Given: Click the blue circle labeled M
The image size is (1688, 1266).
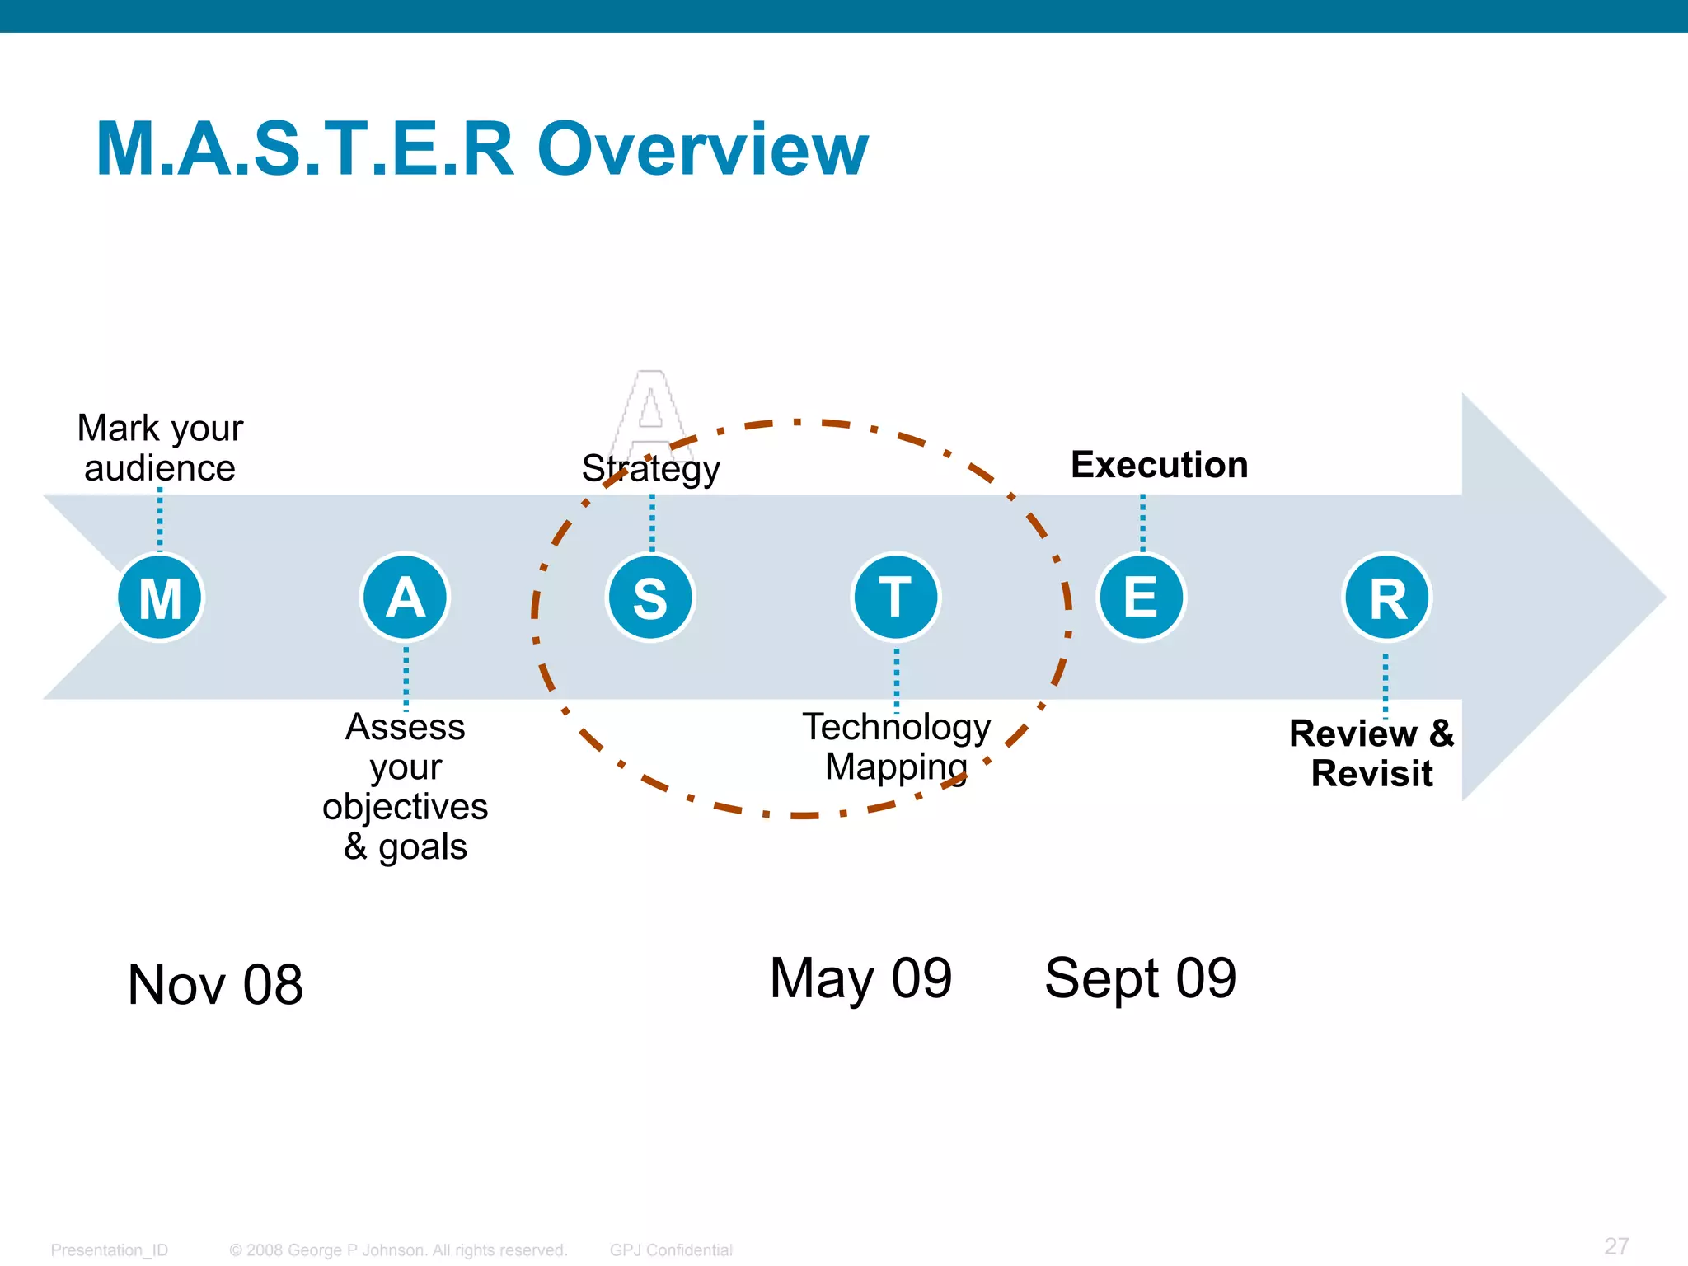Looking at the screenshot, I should coord(160,598).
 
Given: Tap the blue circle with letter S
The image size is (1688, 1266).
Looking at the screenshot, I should coord(650,598).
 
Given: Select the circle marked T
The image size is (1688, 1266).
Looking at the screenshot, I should coord(895,597).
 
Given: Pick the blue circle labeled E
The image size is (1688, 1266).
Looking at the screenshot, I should coord(1141,597).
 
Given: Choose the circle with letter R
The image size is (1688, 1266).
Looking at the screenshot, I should coord(1387,598).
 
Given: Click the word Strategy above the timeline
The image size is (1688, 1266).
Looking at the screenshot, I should coord(650,469).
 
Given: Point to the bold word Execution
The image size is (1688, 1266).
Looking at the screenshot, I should coord(1159,465).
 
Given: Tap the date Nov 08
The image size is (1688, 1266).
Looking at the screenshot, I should coord(215,984).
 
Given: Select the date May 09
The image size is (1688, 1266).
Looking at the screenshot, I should coord(860,978).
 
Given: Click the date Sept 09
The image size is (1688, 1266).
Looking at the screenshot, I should coord(1140,978).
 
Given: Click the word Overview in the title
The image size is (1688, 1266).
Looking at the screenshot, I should coord(702,149).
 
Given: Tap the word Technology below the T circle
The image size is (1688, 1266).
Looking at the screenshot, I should coord(896,728).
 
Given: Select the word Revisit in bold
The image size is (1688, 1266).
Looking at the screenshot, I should coord(1371,773).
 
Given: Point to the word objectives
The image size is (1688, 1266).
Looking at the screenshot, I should coord(405,807).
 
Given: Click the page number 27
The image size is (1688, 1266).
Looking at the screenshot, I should coord(1616,1245).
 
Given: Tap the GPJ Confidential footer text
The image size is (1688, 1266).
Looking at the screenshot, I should coord(671,1250).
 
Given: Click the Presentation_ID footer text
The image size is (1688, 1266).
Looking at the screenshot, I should coord(109,1250).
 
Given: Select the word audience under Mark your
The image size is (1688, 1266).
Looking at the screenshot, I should coord(160,468).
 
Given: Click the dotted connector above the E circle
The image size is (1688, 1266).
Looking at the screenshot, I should coord(1142,523).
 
